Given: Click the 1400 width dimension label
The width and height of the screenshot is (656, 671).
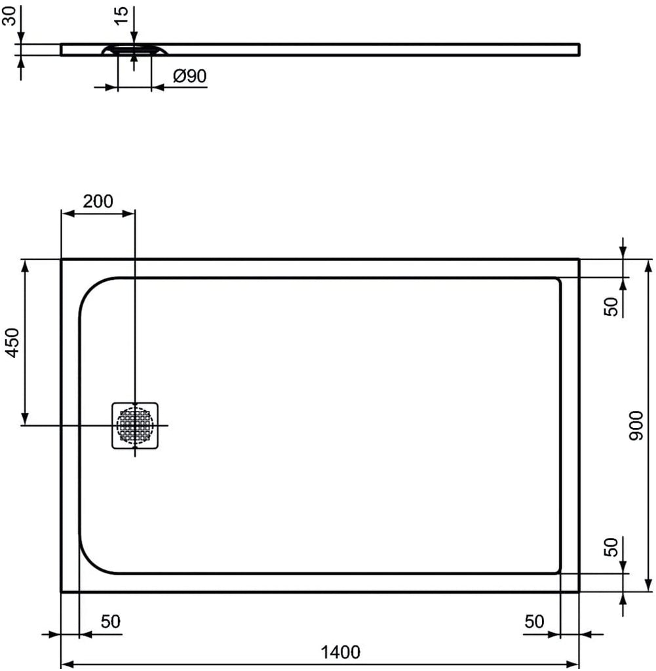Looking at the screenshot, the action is click(x=341, y=652).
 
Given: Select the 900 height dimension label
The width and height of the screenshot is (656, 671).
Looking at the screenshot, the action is click(x=636, y=426).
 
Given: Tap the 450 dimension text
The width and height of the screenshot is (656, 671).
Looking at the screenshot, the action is click(x=13, y=342).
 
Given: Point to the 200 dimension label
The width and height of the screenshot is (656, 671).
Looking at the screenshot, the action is click(x=98, y=201).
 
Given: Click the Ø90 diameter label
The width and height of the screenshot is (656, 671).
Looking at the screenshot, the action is click(x=189, y=76).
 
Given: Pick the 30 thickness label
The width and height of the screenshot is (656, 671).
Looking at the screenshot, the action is click(x=9, y=16).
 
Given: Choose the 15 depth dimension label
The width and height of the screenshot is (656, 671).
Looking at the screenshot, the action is click(x=121, y=16).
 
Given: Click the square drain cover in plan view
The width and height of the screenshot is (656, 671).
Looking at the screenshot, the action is click(x=135, y=426).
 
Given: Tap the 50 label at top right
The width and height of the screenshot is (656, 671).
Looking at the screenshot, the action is click(x=611, y=307).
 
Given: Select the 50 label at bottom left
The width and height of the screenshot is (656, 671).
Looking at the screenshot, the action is click(x=110, y=621).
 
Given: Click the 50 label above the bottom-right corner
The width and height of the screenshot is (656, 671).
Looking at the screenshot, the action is click(x=611, y=547).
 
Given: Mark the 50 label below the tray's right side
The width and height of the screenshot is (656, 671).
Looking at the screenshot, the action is click(x=534, y=621).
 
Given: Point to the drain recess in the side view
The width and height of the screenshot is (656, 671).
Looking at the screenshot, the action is click(x=135, y=50).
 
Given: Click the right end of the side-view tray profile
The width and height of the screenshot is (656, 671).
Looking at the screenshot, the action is click(x=579, y=50).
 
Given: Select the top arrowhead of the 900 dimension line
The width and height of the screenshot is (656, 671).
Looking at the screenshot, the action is click(x=649, y=266).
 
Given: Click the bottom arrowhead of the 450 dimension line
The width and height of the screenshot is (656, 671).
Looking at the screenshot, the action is click(x=25, y=419).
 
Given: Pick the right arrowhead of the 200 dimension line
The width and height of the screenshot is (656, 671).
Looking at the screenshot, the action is click(x=128, y=213).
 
